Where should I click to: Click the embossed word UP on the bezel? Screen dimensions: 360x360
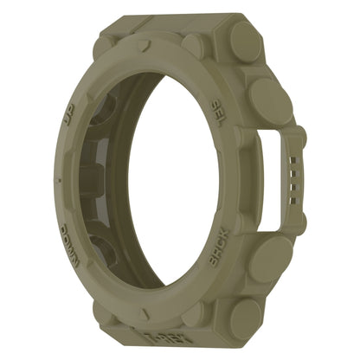[x=69, y=115]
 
